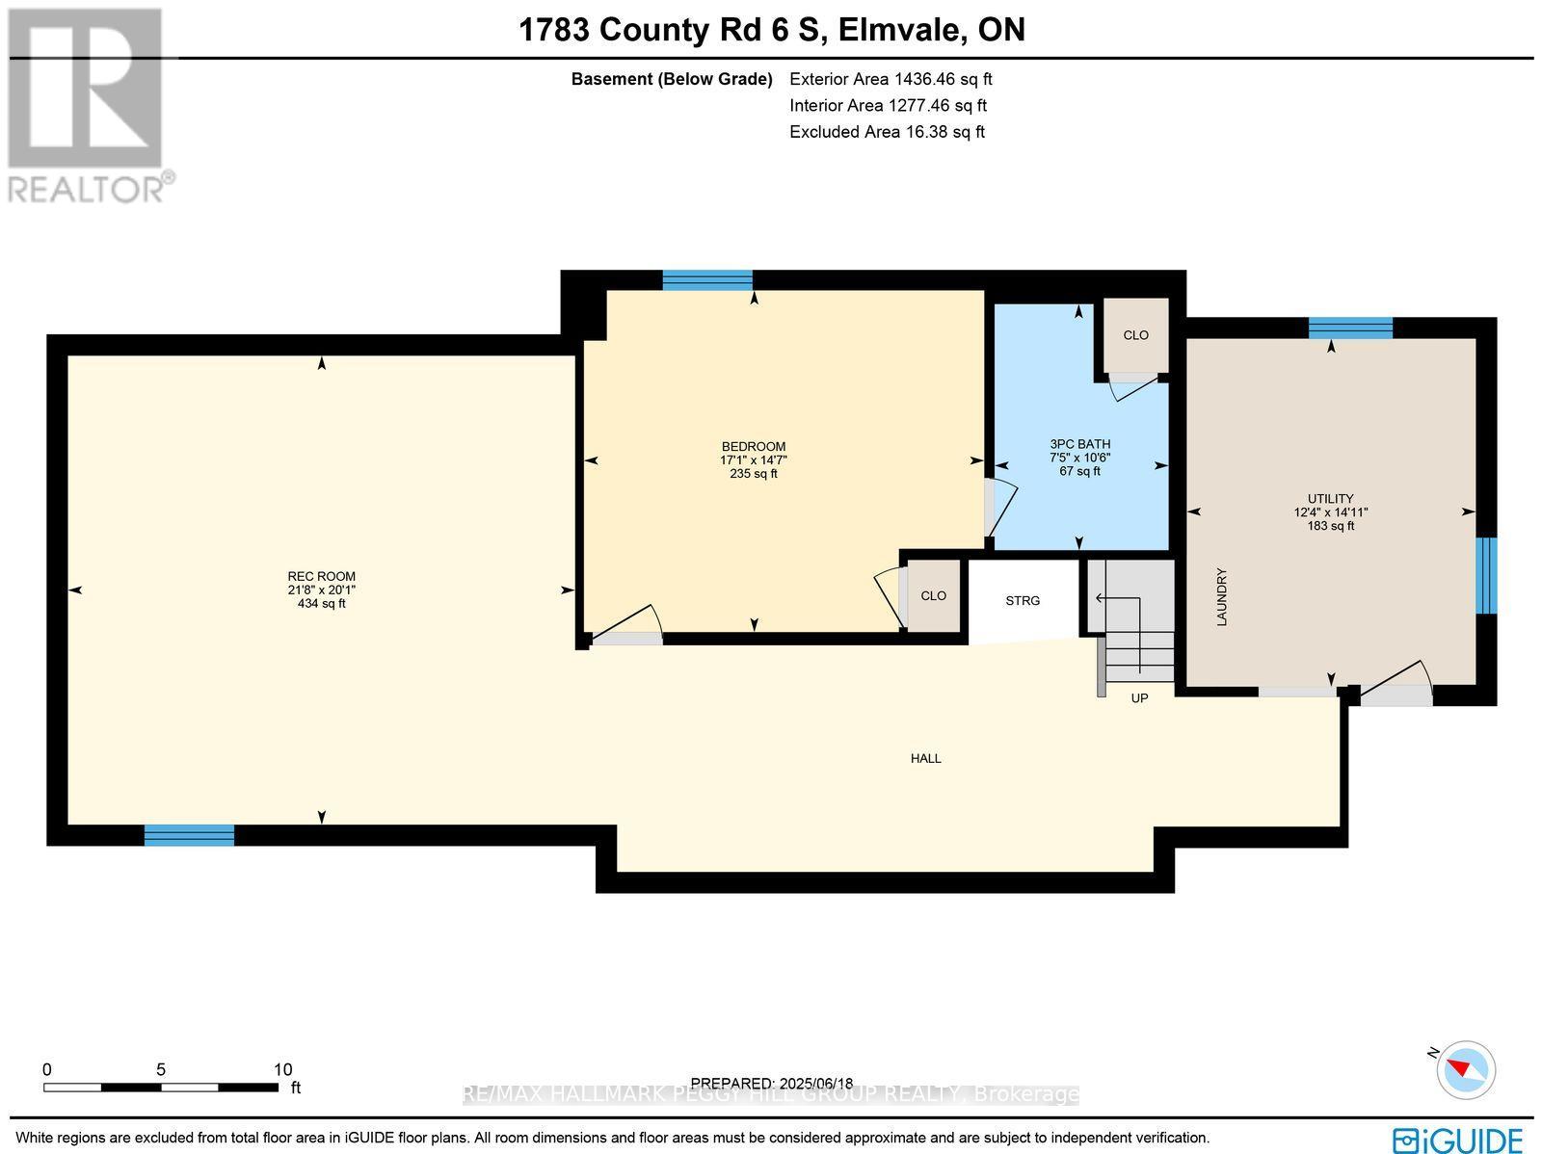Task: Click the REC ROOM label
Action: click(x=322, y=576)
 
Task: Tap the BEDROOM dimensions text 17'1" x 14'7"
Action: click(x=753, y=460)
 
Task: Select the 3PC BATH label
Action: click(x=1079, y=444)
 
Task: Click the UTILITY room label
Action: click(x=1331, y=499)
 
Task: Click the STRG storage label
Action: click(x=1023, y=601)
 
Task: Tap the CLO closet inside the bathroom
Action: click(x=1135, y=335)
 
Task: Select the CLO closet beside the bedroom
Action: click(x=933, y=596)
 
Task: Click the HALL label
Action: click(x=925, y=759)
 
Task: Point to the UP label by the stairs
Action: click(x=1139, y=698)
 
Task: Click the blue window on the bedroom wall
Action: click(x=707, y=280)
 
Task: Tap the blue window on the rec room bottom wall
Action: click(x=189, y=835)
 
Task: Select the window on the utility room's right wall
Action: click(x=1487, y=575)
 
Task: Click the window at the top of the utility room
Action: click(x=1350, y=328)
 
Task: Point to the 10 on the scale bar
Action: click(x=282, y=1069)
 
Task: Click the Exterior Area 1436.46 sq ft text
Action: click(x=890, y=80)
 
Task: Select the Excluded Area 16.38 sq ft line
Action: click(x=887, y=132)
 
